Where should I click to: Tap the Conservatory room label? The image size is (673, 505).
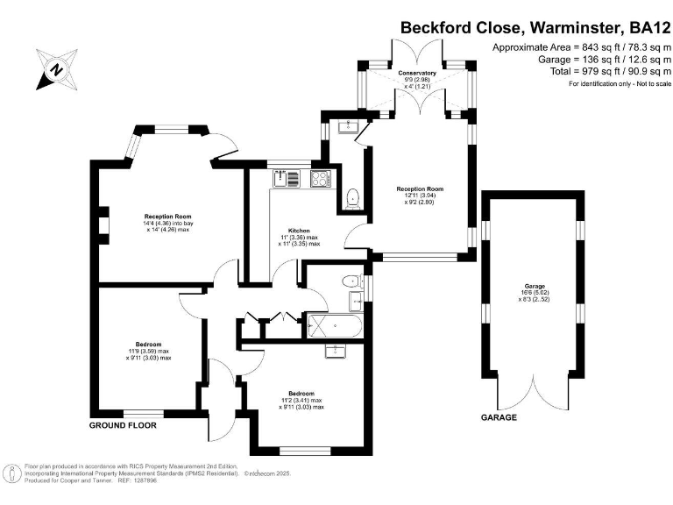click(417, 73)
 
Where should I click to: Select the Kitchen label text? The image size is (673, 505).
click(299, 231)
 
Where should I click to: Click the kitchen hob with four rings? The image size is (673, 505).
click(321, 179)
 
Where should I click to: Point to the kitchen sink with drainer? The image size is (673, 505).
click(286, 179)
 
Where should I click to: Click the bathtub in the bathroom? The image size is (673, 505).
click(336, 326)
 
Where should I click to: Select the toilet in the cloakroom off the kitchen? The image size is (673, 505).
click(353, 199)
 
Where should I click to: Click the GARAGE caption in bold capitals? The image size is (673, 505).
click(499, 417)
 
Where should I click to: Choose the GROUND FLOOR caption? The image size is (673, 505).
click(123, 425)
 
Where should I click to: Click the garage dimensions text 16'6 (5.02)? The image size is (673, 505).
click(535, 293)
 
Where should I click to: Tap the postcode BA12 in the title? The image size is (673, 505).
click(649, 28)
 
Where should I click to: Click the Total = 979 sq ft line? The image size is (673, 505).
click(610, 71)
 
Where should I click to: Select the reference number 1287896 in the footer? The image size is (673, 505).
click(146, 480)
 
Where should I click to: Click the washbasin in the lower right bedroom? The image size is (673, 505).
click(336, 351)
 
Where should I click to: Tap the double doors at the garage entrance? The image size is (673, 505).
click(534, 393)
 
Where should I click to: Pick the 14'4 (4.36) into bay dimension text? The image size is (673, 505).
click(168, 224)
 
